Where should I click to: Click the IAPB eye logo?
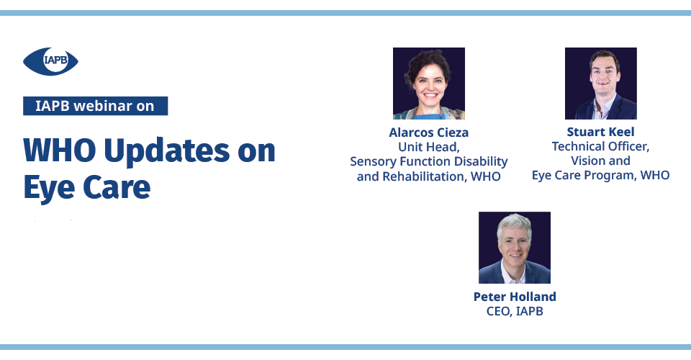click(x=50, y=61)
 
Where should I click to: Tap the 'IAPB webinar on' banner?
click(x=95, y=106)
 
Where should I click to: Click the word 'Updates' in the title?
click(x=167, y=150)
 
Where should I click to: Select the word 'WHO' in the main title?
click(x=60, y=150)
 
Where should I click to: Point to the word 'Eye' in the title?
click(x=49, y=187)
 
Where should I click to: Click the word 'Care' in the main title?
click(x=117, y=187)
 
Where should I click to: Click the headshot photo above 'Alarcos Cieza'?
click(x=429, y=84)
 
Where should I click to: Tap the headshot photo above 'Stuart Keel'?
click(x=600, y=84)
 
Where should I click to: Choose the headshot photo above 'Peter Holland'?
click(x=515, y=248)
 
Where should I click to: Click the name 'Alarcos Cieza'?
click(x=429, y=132)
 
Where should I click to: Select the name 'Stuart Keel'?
click(x=600, y=132)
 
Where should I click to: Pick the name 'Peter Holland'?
click(x=515, y=297)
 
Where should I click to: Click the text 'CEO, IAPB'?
click(x=515, y=311)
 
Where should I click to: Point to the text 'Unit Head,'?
click(x=429, y=147)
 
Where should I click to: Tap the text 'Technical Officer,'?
click(x=600, y=146)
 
